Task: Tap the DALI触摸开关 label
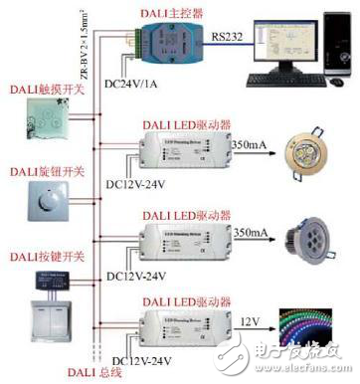(x=41, y=90)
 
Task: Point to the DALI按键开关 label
(x=41, y=256)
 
